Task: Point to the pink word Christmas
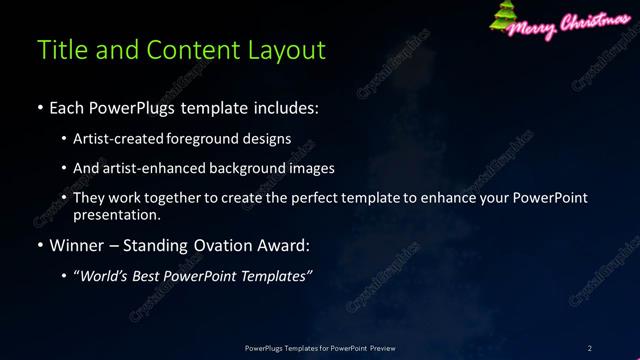point(598,22)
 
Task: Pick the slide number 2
point(590,347)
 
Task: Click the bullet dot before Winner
point(39,244)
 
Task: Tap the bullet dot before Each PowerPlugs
point(39,106)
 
